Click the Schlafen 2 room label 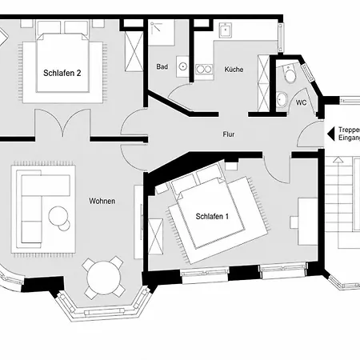(62, 73)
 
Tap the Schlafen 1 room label (212, 216)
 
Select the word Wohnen (102, 201)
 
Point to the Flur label (229, 134)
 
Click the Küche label (234, 70)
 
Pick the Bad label (162, 66)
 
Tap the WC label (301, 102)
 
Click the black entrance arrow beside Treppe (331, 134)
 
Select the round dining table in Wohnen (104, 278)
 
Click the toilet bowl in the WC (290, 74)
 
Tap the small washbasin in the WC (282, 99)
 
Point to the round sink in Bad (183, 66)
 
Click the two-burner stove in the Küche (204, 70)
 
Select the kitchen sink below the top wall (226, 30)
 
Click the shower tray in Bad (161, 33)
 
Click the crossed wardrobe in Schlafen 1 (155, 237)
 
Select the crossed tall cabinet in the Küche (264, 82)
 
